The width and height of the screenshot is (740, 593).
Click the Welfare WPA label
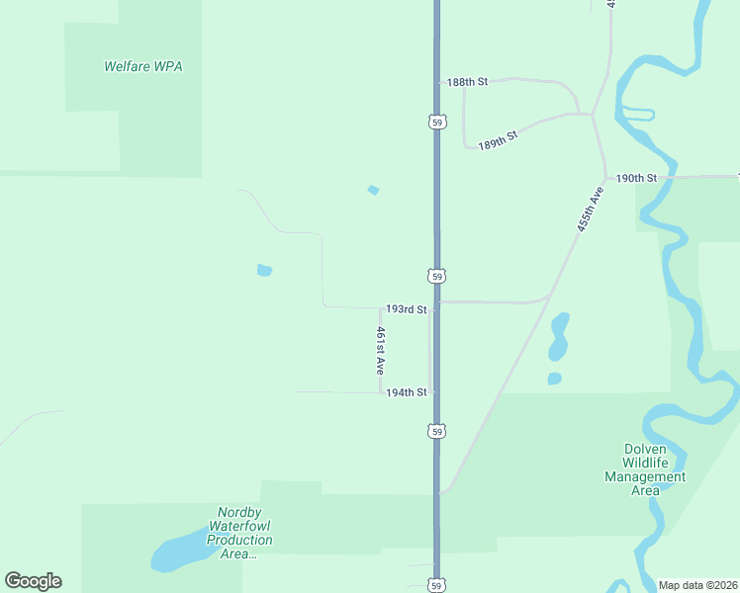tap(143, 67)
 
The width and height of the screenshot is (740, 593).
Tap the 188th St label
tap(467, 82)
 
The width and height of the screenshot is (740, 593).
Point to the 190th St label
tap(636, 178)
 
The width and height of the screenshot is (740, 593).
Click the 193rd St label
tap(406, 309)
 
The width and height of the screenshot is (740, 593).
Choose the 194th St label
tap(406, 392)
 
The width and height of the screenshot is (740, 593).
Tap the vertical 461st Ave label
tap(379, 350)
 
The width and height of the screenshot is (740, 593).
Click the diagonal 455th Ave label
tap(590, 208)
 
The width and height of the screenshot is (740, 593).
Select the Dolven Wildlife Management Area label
tap(645, 468)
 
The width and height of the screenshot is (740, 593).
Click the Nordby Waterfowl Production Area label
tap(238, 533)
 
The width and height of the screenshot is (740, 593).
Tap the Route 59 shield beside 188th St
tap(437, 122)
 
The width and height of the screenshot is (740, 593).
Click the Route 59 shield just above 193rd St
tap(437, 276)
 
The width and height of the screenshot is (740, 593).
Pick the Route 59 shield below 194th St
tap(437, 431)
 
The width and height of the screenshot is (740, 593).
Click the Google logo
tap(33, 581)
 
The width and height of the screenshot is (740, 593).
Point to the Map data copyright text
tap(696, 584)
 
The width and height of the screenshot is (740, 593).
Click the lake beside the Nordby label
tap(177, 555)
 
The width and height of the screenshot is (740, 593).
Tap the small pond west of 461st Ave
tap(264, 270)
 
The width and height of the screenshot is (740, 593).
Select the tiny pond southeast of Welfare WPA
tap(373, 190)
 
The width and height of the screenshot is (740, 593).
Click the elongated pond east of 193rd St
tap(560, 336)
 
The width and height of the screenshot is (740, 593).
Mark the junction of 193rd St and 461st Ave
tap(381, 307)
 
